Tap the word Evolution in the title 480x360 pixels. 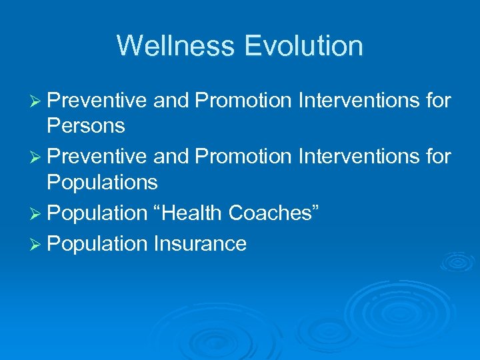pyautogui.click(x=303, y=46)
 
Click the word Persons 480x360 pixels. pyautogui.click(x=86, y=126)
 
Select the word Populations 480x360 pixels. pyautogui.click(x=102, y=182)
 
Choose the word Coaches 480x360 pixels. pyautogui.click(x=274, y=213)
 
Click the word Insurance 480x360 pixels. pyautogui.click(x=200, y=243)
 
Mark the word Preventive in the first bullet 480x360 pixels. pyautogui.click(x=97, y=101)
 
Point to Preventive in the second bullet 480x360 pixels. pyautogui.click(x=97, y=157)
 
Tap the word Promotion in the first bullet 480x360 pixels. pyautogui.click(x=243, y=101)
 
